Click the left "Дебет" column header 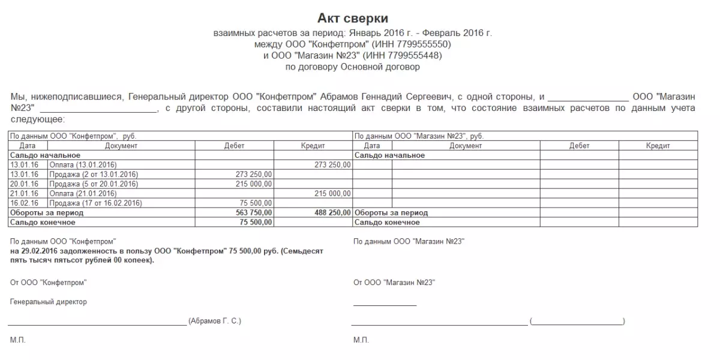pyautogui.click(x=235, y=146)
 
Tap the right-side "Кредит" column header pyautogui.click(x=658, y=146)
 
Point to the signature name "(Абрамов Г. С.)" pyautogui.click(x=214, y=321)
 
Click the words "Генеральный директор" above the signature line pyautogui.click(x=49, y=302)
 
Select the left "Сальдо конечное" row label pyautogui.click(x=43, y=222)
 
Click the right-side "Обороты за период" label pyautogui.click(x=391, y=212)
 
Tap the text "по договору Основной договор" pyautogui.click(x=352, y=67)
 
